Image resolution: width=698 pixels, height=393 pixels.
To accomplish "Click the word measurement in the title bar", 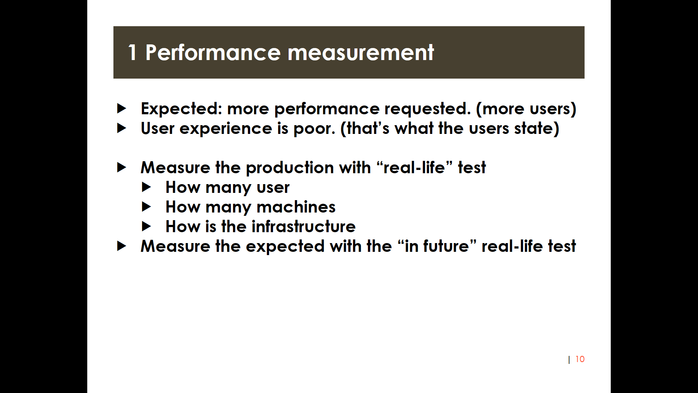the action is [361, 52].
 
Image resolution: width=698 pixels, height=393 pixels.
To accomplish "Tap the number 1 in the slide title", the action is [132, 52].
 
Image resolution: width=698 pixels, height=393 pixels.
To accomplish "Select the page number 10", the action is [580, 359].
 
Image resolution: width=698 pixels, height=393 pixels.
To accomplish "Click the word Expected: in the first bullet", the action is [181, 109].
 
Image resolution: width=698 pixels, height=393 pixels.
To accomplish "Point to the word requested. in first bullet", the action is [428, 109].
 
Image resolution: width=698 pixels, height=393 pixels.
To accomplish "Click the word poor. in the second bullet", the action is [314, 128].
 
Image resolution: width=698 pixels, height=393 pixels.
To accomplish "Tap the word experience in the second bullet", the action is [226, 128].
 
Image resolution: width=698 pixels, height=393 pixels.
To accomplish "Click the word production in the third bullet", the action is [290, 168].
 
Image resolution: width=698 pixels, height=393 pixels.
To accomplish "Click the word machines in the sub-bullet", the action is [296, 207].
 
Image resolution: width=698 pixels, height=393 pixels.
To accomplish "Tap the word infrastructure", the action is [304, 227].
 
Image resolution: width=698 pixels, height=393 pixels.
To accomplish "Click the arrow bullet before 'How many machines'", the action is [146, 207].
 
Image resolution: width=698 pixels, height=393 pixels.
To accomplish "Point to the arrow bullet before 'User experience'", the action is [121, 128].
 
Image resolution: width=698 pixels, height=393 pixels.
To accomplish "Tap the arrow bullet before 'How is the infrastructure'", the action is [146, 227].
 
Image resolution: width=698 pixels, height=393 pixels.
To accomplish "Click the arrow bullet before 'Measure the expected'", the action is [121, 246].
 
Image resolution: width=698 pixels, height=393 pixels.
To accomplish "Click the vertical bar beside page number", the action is [569, 360].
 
